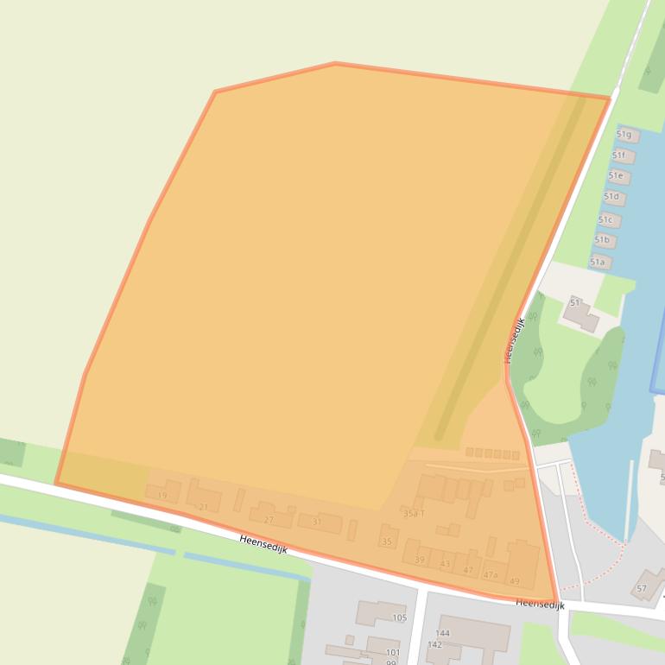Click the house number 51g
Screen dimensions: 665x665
pos(624,135)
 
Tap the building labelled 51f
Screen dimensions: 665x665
pos(619,155)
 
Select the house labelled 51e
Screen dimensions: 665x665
pos(615,176)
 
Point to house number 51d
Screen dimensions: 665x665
pos(611,197)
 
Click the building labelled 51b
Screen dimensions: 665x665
pos(602,240)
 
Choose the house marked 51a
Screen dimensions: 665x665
pos(598,262)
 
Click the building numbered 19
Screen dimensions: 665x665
pos(162,495)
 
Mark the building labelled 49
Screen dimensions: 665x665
pos(515,581)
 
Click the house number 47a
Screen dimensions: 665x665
pos(491,574)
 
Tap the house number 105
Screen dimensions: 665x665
pos(399,617)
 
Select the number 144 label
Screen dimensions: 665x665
pos(442,633)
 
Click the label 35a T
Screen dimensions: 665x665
pos(414,513)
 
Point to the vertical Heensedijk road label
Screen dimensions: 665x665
pos(515,340)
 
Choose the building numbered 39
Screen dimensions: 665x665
pos(420,560)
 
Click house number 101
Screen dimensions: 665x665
pos(392,652)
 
